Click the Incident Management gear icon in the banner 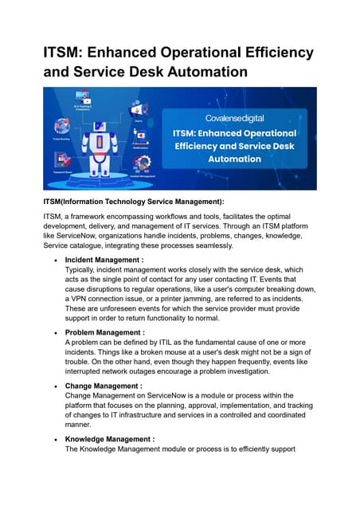pos(143,163)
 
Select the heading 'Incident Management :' pos(104,260)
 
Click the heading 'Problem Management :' pos(104,332)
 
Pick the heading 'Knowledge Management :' pos(109,439)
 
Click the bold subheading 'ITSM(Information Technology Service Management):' pos(134,202)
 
